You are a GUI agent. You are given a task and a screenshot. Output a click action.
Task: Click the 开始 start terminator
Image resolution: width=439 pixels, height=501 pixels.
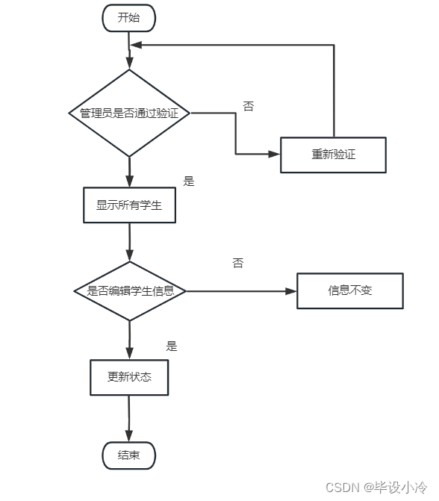pyautogui.click(x=128, y=18)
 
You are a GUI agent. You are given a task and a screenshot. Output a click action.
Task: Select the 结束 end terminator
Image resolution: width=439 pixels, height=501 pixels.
pyautogui.click(x=128, y=455)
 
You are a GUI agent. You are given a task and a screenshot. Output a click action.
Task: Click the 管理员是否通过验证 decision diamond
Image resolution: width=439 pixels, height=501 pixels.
pyautogui.click(x=129, y=113)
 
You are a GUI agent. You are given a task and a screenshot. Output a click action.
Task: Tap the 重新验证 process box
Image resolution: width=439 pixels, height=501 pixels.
pyautogui.click(x=333, y=155)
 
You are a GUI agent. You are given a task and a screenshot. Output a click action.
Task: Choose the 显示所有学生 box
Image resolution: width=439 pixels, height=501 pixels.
pyautogui.click(x=129, y=205)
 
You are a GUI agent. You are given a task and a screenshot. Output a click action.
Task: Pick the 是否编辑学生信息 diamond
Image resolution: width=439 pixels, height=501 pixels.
pyautogui.click(x=130, y=290)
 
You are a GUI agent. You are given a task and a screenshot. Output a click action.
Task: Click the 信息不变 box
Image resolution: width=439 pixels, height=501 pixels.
pyautogui.click(x=349, y=290)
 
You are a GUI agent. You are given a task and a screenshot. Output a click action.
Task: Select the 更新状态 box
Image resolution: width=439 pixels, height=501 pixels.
pyautogui.click(x=129, y=377)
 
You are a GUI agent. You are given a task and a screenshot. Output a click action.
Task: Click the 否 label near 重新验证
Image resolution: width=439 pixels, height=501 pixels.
pyautogui.click(x=248, y=106)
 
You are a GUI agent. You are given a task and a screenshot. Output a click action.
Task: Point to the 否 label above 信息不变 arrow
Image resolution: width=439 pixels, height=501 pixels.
pyautogui.click(x=237, y=263)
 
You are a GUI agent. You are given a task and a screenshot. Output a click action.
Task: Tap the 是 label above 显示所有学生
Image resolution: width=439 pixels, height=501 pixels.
pyautogui.click(x=188, y=181)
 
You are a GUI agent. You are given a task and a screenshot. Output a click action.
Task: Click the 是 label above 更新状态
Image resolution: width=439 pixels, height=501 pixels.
pyautogui.click(x=172, y=346)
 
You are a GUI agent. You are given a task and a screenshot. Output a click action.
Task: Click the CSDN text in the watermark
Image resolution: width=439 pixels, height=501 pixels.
pyautogui.click(x=343, y=486)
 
